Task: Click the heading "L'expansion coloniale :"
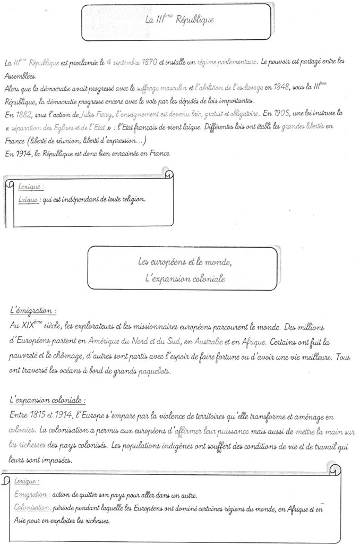(x=48, y=399)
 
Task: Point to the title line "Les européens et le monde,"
(x=181, y=262)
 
